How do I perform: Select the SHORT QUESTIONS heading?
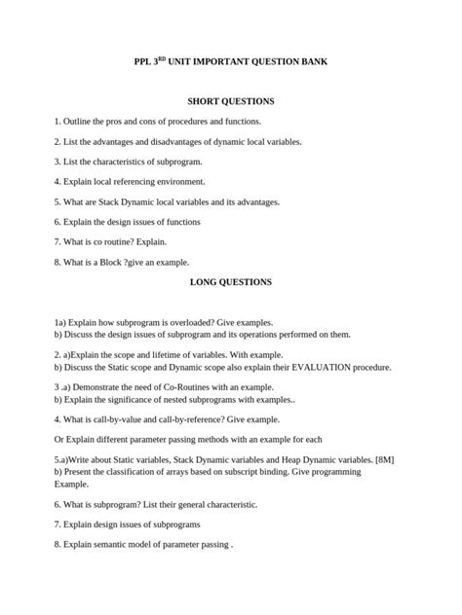(231, 101)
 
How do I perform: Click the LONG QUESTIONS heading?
(230, 282)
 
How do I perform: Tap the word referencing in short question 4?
(129, 182)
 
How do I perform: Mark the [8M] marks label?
(384, 459)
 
